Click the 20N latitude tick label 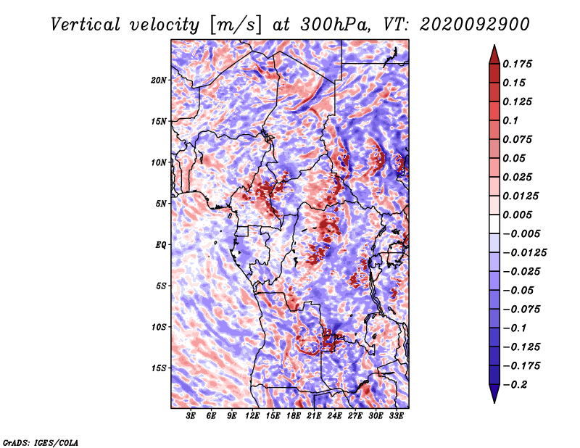click(x=159, y=80)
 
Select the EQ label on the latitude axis click(x=161, y=245)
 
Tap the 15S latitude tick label click(x=159, y=368)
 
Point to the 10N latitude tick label click(x=159, y=162)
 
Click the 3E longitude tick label click(x=191, y=416)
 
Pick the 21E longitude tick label click(x=314, y=416)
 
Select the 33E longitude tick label click(x=396, y=416)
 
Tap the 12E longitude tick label click(x=252, y=416)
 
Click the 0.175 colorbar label click(x=517, y=64)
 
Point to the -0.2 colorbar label click(x=515, y=385)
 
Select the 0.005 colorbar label click(x=517, y=215)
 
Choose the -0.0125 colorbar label click(x=524, y=253)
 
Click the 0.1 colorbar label click(x=510, y=120)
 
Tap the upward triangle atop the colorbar click(x=494, y=54)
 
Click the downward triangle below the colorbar click(x=494, y=394)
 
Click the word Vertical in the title click(x=86, y=25)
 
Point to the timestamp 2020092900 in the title click(x=475, y=25)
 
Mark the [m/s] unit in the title click(x=236, y=25)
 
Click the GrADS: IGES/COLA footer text click(x=41, y=442)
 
